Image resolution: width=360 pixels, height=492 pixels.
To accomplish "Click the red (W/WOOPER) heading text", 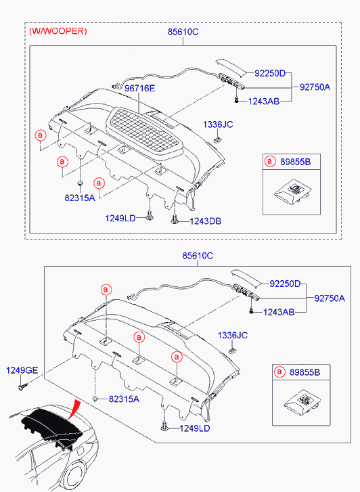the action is pos(58,31).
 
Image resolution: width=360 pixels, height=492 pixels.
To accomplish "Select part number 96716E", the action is pos(140,88).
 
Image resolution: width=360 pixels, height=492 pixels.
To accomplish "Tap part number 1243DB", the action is pos(205,221).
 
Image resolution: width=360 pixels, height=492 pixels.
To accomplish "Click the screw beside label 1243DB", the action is pos(175,219).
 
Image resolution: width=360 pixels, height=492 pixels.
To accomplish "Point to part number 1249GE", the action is pos(22,370).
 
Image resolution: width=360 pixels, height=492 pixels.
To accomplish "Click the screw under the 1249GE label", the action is pos(22,386).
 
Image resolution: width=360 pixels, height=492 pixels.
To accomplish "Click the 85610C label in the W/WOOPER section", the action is pos(183,32).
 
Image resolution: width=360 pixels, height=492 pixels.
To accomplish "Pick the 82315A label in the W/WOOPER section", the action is pos(80,198).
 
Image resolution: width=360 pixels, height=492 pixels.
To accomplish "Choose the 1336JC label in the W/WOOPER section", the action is pos(218,125).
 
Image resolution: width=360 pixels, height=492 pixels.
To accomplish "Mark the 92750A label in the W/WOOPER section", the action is pos(315,87).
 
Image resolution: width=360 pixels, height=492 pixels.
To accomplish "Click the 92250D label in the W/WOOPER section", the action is pos(270,73).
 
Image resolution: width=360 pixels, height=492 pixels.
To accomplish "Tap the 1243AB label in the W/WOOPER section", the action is pos(264,102).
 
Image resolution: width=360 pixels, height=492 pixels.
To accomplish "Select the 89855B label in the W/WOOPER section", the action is pos(295,162).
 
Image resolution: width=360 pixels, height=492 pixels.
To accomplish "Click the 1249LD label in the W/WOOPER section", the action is pos(120,219).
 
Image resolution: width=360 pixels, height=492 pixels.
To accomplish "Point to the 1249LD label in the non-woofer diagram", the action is pos(195,428).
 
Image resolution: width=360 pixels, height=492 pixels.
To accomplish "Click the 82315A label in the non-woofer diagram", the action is pos(124,399).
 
